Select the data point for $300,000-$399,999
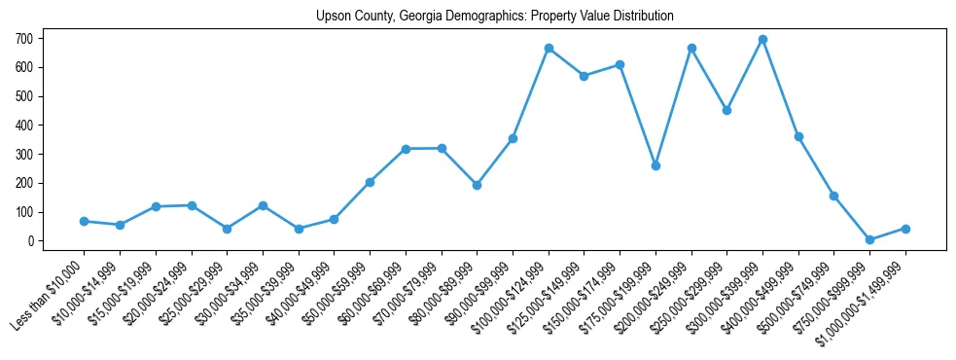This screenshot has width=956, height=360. coord(762,40)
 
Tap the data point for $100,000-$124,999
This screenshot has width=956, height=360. coord(549,48)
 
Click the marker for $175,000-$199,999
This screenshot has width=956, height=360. coord(655,165)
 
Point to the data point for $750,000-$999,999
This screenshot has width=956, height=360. coord(869,239)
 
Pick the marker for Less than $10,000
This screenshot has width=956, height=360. coord(84,221)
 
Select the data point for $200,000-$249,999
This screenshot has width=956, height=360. coord(691,48)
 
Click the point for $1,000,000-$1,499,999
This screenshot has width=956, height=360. coord(905,229)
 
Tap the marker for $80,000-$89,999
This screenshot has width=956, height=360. coord(477,185)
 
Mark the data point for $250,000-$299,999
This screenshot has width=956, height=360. coord(726,110)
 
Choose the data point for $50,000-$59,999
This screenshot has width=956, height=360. coord(370,182)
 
